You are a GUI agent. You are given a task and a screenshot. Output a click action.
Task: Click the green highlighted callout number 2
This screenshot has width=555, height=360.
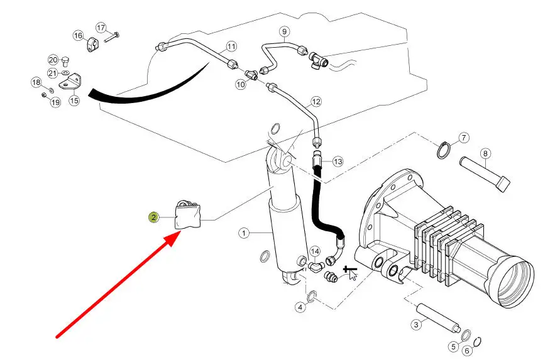(153, 217)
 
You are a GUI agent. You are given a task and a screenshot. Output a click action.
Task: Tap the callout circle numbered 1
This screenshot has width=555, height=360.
(244, 233)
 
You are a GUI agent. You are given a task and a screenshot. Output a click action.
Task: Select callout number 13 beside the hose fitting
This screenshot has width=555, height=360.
(338, 161)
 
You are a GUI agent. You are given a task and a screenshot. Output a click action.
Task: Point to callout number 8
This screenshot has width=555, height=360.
(485, 153)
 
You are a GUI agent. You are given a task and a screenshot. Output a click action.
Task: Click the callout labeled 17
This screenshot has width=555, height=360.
(101, 28)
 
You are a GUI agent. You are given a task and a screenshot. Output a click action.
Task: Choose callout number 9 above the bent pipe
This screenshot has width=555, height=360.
(285, 31)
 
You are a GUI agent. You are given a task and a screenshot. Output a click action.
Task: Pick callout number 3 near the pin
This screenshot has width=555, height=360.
(416, 324)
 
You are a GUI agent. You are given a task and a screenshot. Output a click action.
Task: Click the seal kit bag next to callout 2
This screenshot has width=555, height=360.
(188, 214)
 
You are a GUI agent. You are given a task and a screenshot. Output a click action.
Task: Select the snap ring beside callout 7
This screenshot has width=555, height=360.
(442, 151)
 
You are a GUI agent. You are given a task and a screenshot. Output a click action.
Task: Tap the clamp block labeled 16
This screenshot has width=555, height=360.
(92, 44)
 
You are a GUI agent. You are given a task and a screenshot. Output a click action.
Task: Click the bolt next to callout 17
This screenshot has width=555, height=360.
(112, 37)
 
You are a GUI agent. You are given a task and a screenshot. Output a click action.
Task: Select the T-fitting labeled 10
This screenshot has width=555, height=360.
(252, 75)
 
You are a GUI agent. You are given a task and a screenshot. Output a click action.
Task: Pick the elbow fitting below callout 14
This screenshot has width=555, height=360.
(314, 266)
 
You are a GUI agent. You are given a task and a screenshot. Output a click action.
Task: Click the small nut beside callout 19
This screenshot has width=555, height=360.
(44, 95)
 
